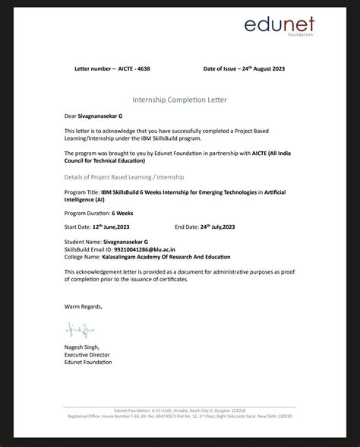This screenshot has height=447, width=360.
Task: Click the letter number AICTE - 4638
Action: [129, 68]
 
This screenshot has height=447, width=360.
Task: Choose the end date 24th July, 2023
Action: [218, 227]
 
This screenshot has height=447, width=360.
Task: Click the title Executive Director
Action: [87, 354]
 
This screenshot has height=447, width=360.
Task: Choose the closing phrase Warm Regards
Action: [83, 306]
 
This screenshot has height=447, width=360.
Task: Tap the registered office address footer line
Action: [179, 417]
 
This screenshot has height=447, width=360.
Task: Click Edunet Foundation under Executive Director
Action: [89, 362]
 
